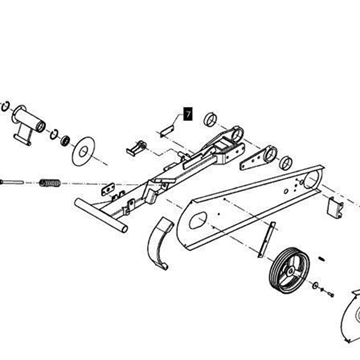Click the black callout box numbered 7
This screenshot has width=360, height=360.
pyautogui.click(x=188, y=114)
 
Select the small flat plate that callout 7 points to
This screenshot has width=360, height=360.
pyautogui.click(x=166, y=130)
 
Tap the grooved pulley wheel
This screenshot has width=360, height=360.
pyautogui.click(x=289, y=270)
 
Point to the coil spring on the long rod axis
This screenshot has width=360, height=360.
pyautogui.click(x=50, y=183)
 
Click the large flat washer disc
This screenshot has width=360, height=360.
pyautogui.click(x=83, y=151)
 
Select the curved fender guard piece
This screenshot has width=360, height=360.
pyautogui.click(x=160, y=243)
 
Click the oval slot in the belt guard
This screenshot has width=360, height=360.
pyautogui.click(x=197, y=221)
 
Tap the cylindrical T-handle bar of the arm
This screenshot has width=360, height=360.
pyautogui.click(x=101, y=215)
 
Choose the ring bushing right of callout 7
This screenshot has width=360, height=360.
pyautogui.click(x=210, y=119)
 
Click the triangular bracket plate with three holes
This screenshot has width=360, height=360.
pyautogui.click(x=258, y=159)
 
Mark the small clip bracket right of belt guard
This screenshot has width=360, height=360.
pyautogui.click(x=335, y=208)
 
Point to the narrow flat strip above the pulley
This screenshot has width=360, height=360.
pyautogui.click(x=267, y=239)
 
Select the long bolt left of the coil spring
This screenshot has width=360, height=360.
pyautogui.click(x=12, y=182)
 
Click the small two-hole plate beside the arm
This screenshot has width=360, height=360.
pyautogui.click(x=108, y=189)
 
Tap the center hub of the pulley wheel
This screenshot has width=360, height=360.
pyautogui.click(x=290, y=271)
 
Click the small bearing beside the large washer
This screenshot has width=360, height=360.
pyautogui.click(x=65, y=140)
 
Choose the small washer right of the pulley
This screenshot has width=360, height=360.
pyautogui.click(x=315, y=285)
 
